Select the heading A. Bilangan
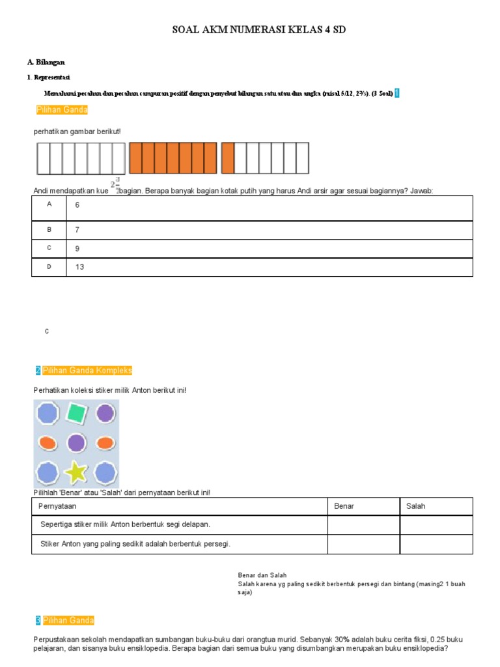click(x=46, y=62)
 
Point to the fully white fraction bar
click(x=81, y=158)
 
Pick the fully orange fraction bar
click(x=173, y=158)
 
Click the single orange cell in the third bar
click(x=228, y=158)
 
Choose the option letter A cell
click(x=49, y=205)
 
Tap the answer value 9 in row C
click(x=77, y=248)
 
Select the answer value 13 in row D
click(x=79, y=266)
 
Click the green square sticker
click(x=77, y=413)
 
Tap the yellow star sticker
click(x=77, y=471)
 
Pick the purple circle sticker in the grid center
click(x=77, y=443)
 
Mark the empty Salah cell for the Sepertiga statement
click(x=436, y=524)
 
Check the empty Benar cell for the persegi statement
click(x=363, y=544)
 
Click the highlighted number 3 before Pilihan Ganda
click(x=38, y=620)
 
